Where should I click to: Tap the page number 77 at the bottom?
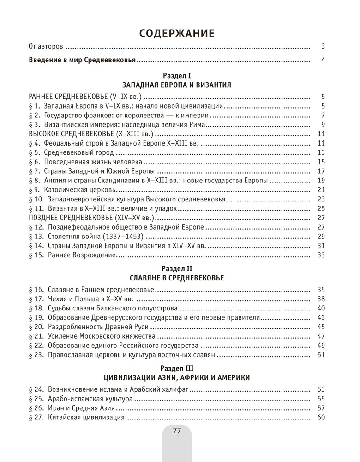(x=176, y=431)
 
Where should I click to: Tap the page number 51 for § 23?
(x=322, y=355)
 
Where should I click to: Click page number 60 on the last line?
(x=322, y=418)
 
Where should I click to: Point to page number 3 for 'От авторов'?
(x=324, y=46)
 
